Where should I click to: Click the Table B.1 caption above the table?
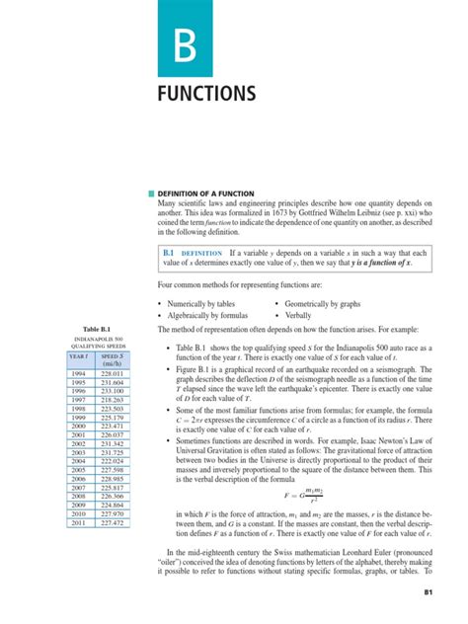point(90,328)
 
